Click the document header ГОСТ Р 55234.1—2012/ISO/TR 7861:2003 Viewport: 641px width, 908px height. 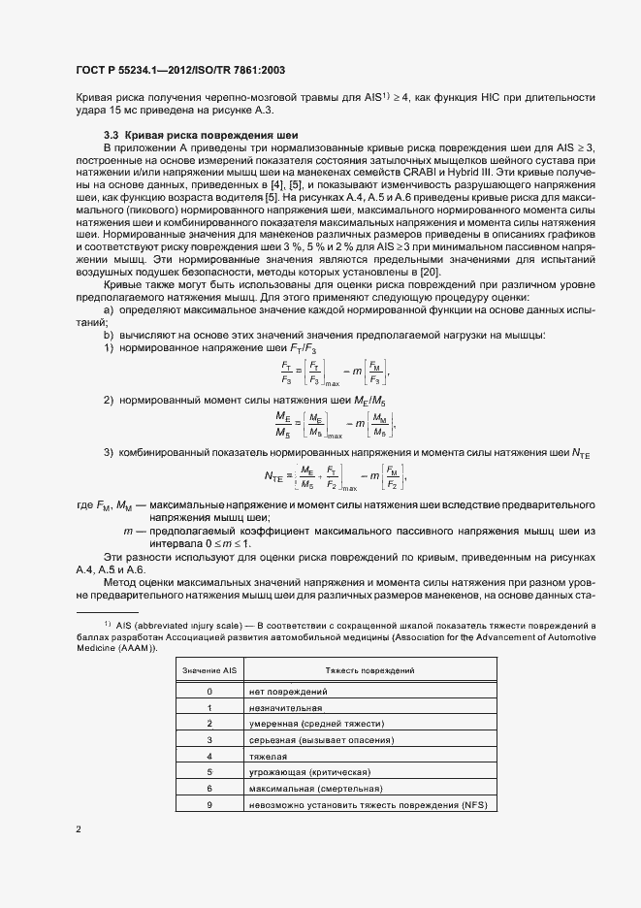coord(180,71)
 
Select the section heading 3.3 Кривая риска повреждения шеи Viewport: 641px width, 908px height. coord(194,133)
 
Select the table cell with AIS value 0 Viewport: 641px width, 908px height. coord(208,691)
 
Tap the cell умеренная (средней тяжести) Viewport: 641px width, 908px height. coord(311,724)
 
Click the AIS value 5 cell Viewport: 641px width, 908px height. coord(208,773)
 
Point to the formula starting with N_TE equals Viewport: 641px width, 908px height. coord(334,476)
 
